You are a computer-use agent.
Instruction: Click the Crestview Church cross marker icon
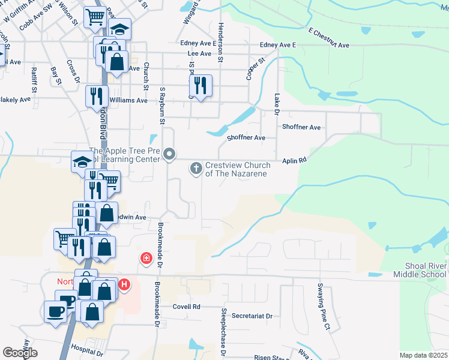[196, 169]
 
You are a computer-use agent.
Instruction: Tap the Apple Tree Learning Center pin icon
[170, 155]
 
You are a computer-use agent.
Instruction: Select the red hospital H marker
[124, 284]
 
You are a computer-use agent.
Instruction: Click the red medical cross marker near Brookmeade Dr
[145, 259]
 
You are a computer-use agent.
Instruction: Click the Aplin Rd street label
[295, 160]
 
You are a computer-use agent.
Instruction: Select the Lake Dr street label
[277, 103]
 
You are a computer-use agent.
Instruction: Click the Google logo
[20, 353]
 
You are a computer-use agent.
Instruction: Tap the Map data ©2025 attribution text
[423, 355]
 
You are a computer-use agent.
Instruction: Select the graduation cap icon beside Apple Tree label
[82, 161]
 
